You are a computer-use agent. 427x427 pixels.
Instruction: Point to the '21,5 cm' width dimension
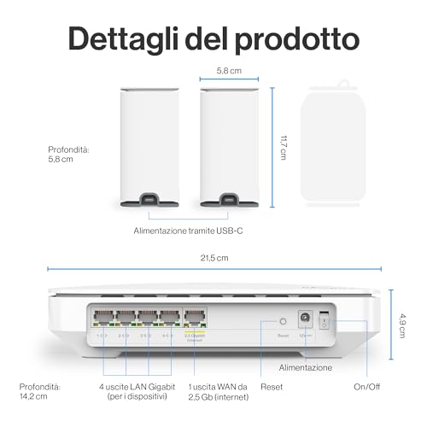click(213, 258)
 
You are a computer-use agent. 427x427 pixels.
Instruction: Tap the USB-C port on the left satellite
click(150, 201)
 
